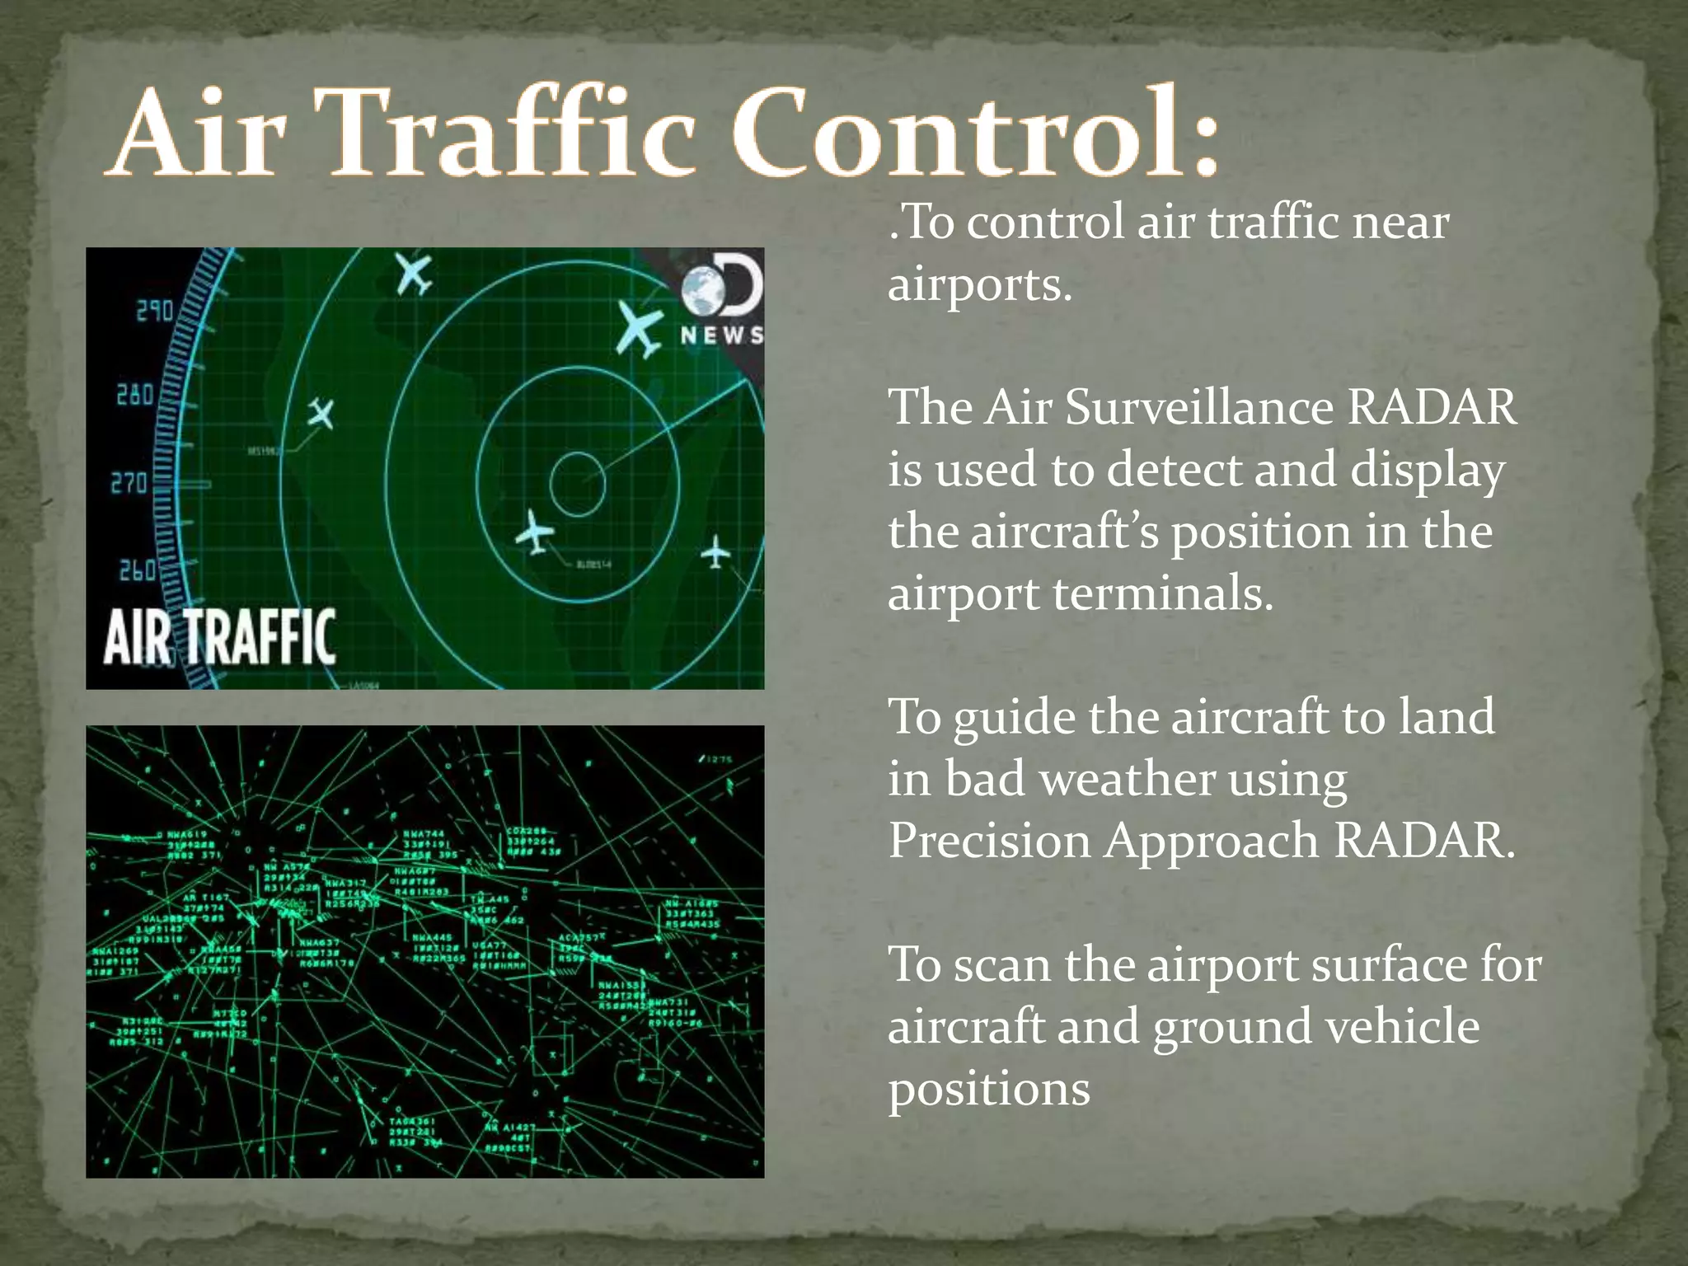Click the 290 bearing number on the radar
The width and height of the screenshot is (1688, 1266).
pyautogui.click(x=154, y=311)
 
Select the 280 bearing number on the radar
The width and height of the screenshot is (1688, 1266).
pyautogui.click(x=134, y=395)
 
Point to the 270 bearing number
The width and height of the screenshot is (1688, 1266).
pyautogui.click(x=129, y=482)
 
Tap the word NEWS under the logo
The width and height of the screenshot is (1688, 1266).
pyautogui.click(x=721, y=335)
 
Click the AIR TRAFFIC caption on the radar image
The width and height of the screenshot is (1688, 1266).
pyautogui.click(x=219, y=637)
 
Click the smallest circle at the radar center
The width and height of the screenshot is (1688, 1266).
pyautogui.click(x=578, y=483)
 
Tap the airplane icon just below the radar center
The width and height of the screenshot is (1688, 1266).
pyautogui.click(x=535, y=532)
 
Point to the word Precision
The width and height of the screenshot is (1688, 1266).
pyautogui.click(x=989, y=841)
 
